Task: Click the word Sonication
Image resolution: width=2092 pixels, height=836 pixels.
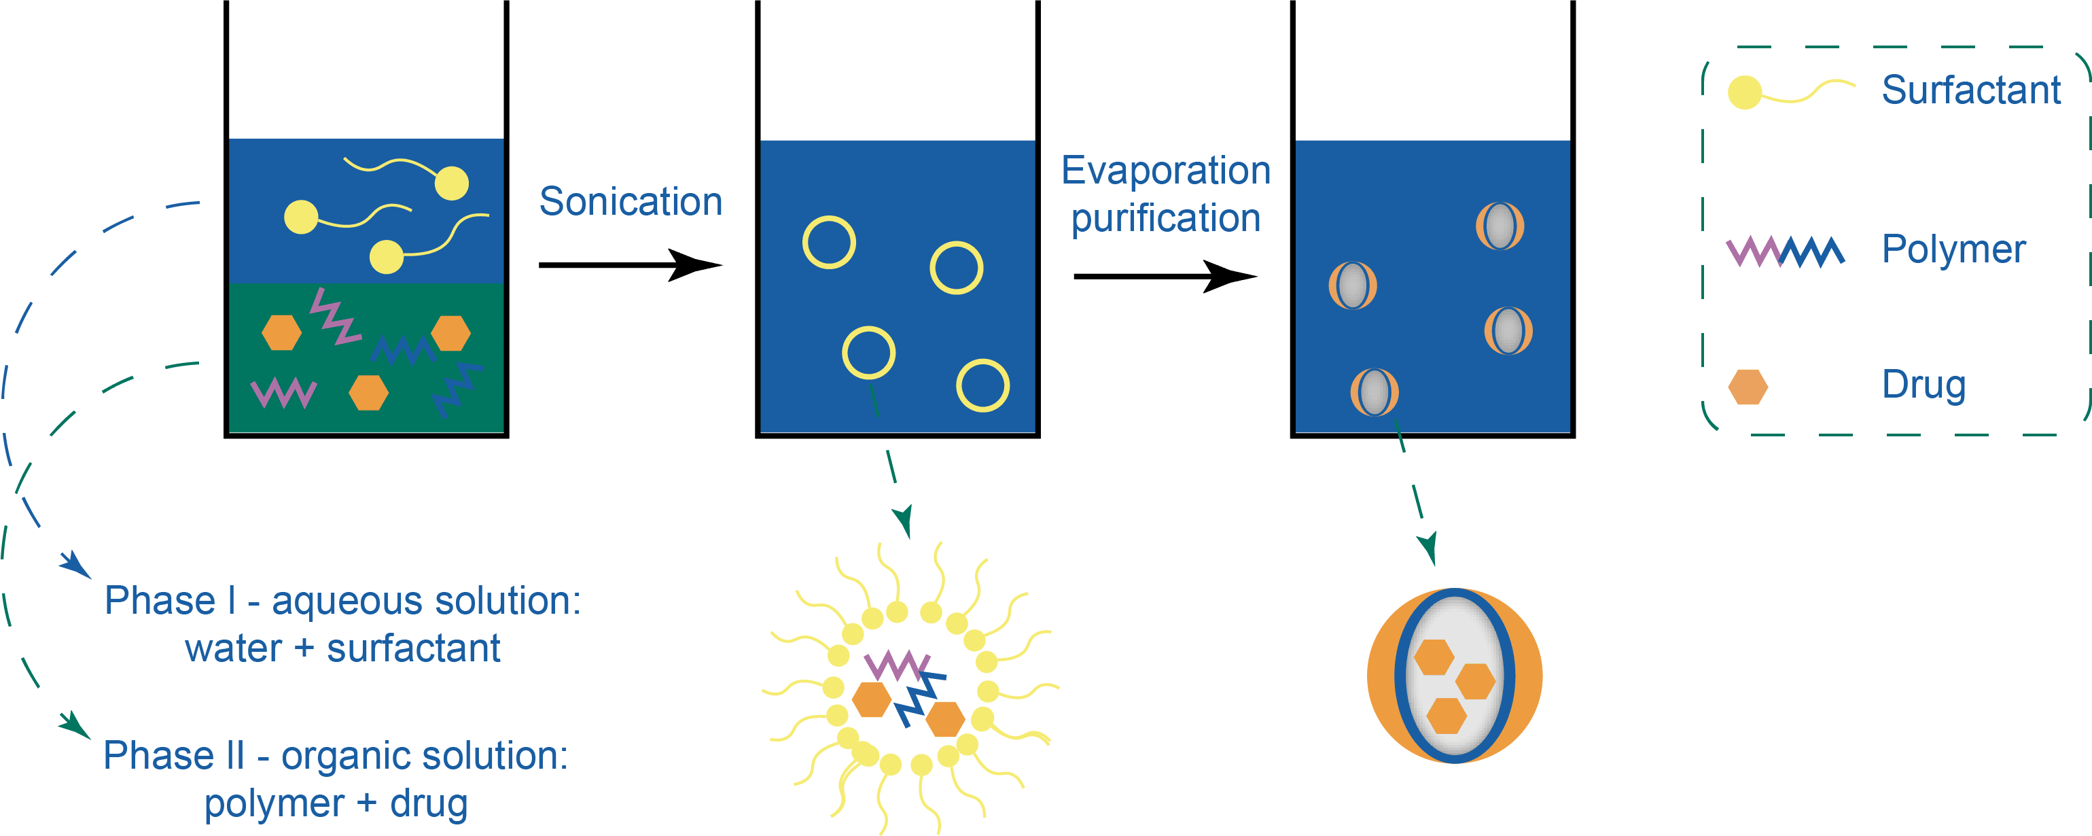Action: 631,201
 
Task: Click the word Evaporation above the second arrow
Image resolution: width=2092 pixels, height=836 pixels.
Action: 1165,171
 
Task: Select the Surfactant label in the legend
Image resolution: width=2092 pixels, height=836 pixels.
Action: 1970,89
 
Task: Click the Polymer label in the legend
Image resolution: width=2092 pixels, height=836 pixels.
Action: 1953,249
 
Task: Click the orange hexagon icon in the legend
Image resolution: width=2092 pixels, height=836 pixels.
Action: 1748,387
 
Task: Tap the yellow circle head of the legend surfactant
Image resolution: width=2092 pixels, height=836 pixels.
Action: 1744,92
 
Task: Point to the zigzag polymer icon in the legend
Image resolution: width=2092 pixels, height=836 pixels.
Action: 1785,252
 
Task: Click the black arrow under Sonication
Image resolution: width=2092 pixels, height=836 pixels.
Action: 629,265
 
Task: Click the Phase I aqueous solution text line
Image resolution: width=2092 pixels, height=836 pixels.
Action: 342,602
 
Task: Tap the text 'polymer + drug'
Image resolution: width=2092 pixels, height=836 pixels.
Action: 336,803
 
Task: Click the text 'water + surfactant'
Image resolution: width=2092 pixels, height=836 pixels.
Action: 342,648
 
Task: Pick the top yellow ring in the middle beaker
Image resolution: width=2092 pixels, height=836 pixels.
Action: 829,242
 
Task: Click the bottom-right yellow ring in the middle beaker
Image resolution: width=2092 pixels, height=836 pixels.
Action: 982,385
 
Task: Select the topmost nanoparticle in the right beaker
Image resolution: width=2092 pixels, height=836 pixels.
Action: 1499,226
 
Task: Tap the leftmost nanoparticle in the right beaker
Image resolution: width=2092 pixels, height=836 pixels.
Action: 1352,285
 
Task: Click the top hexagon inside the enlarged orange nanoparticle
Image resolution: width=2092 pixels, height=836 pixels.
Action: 1434,657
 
